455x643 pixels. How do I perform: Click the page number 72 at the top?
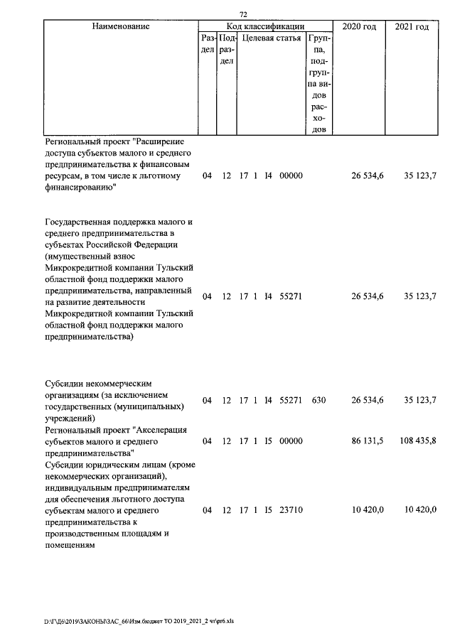click(x=243, y=14)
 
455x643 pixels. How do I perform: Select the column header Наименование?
click(x=121, y=27)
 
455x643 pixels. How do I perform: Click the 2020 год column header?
click(x=359, y=27)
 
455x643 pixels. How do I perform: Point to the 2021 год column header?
click(x=412, y=27)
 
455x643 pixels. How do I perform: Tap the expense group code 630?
click(x=318, y=401)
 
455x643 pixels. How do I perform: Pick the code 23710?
click(x=291, y=509)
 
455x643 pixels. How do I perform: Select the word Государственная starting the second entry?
click(x=80, y=222)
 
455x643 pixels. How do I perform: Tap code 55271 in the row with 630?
click(x=291, y=401)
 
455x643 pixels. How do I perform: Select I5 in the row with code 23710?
click(x=268, y=509)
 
